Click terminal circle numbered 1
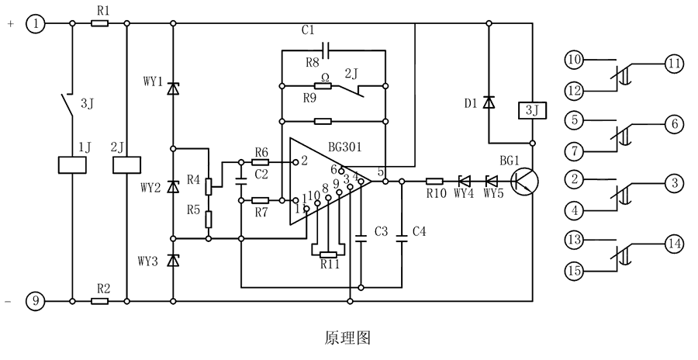click(36, 24)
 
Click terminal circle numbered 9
click(36, 300)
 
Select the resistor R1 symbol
click(99, 24)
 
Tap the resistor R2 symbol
click(99, 300)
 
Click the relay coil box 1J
click(72, 165)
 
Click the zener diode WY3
click(172, 261)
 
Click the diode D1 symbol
click(489, 102)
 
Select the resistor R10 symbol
click(436, 182)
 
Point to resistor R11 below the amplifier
click(330, 254)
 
